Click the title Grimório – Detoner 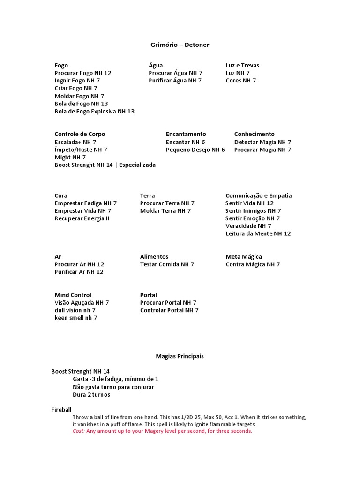pos(180,45)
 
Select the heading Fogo pos(61,65)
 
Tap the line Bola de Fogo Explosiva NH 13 pos(94,111)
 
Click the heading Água pos(156,65)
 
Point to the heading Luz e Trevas pos(242,65)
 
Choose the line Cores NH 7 pos(241,81)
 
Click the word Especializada pos(137,165)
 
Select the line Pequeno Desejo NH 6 pos(195,150)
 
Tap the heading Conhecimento pos(255,134)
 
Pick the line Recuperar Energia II pos(82,218)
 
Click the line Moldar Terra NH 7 pos(165,211)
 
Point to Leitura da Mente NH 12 pos(258,233)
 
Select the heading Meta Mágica pos(244,257)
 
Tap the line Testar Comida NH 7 pos(167,264)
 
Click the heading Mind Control pos(73,295)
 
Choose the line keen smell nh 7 pos(76,318)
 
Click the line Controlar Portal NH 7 pos(169,310)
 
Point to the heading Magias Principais pos(180,356)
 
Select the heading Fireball pos(61,410)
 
